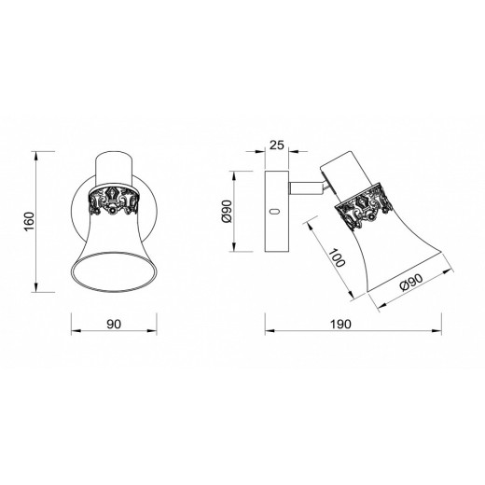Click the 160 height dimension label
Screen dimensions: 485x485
(29, 221)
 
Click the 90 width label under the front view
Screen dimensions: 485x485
(114, 325)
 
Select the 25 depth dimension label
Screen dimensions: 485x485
(277, 145)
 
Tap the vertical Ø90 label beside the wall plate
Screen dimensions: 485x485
(227, 212)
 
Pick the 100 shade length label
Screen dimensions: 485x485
(337, 257)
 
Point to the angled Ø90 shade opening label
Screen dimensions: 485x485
(412, 282)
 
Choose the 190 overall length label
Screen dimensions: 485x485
(340, 325)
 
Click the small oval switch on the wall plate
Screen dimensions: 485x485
(274, 212)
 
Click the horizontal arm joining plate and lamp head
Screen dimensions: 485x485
(305, 188)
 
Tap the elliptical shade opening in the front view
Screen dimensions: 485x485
(114, 272)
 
